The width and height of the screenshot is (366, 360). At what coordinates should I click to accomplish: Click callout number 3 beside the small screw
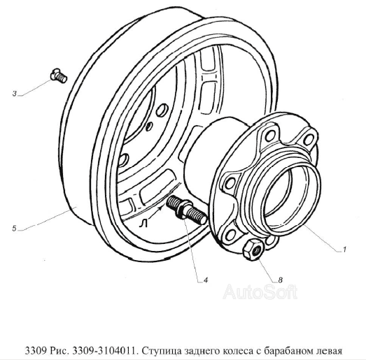tap(15, 94)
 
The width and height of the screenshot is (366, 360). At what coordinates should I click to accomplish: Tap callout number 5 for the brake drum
tap(15, 229)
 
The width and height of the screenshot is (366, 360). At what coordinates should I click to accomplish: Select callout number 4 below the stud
tap(206, 280)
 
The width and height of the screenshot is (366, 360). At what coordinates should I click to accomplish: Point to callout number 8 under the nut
tap(280, 280)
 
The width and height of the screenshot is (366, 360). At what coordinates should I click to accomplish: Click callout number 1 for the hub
tap(344, 250)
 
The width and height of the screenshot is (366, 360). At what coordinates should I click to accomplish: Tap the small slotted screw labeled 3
tap(59, 75)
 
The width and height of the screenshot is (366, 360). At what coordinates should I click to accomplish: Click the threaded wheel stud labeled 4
tap(186, 210)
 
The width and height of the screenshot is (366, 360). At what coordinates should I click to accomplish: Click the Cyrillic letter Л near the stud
tap(143, 224)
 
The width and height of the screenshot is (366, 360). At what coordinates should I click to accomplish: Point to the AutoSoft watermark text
tap(260, 292)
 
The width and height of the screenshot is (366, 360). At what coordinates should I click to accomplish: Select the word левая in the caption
tap(327, 351)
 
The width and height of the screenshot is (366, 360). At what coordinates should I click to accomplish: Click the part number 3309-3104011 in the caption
tap(104, 350)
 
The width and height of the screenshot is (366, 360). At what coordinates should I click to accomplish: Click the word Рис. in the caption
tap(59, 351)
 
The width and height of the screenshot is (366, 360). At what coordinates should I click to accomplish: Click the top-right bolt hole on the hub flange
tap(308, 139)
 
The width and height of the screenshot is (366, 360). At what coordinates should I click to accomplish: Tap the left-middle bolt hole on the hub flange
tap(231, 182)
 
